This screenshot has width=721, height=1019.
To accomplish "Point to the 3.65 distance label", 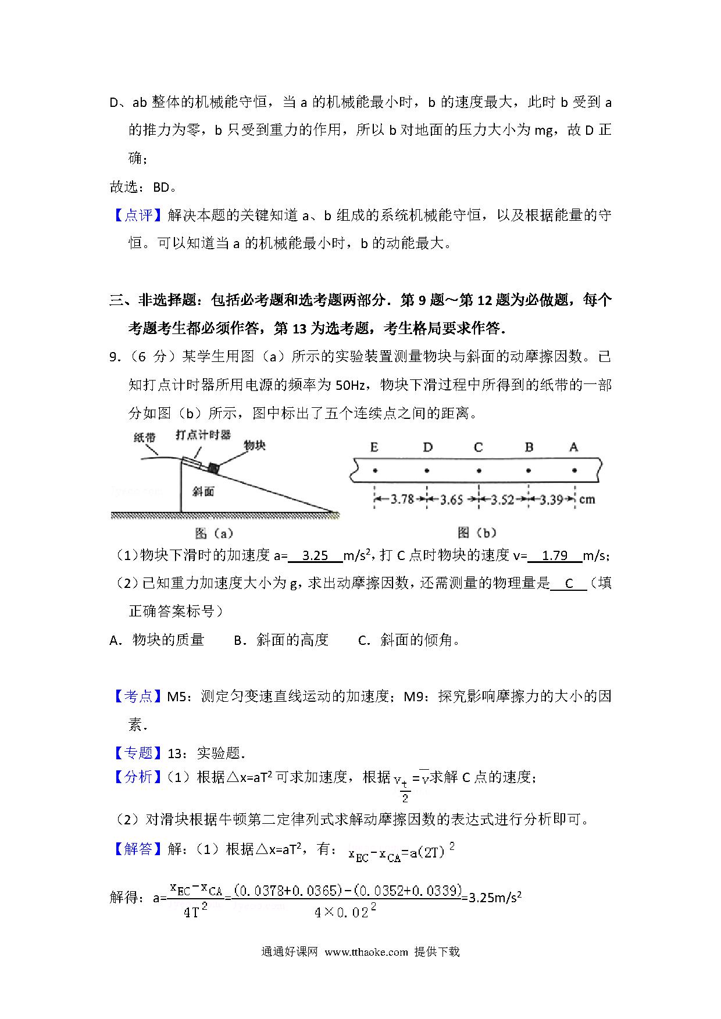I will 452,499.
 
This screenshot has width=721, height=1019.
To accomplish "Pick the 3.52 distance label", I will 502,499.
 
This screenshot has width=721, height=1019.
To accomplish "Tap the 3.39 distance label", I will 551,499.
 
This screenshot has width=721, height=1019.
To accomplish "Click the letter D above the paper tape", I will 427,447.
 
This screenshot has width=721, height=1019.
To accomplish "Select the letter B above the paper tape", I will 529,447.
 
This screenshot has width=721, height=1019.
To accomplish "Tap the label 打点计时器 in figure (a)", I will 203,435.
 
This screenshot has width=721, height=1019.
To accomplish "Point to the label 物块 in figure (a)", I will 254,445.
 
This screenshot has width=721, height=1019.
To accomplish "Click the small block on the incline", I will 214,467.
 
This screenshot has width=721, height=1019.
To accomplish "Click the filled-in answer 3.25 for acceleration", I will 316,555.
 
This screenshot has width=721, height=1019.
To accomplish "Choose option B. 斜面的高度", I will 281,640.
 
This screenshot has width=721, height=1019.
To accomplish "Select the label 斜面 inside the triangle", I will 203,491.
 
